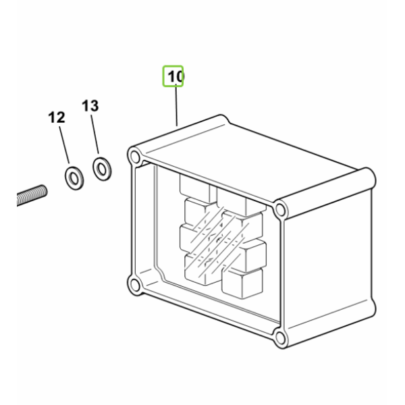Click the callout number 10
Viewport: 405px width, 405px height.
(x=175, y=77)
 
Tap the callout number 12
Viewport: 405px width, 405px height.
(x=57, y=117)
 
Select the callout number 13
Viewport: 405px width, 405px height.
(x=90, y=106)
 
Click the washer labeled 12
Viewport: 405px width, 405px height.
(x=74, y=178)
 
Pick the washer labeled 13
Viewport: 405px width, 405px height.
(x=102, y=169)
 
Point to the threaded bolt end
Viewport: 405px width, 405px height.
(x=32, y=195)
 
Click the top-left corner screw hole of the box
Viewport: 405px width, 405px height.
(x=134, y=157)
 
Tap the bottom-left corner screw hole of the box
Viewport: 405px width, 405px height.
(x=134, y=284)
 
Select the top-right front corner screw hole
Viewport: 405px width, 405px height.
(x=280, y=209)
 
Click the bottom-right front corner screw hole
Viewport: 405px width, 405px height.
(x=280, y=337)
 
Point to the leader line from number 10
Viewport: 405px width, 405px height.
(x=176, y=105)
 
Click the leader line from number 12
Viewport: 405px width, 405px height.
(x=64, y=145)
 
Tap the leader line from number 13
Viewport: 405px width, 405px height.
(x=94, y=134)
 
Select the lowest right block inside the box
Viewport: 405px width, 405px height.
(x=242, y=283)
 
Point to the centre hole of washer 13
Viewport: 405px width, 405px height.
(x=102, y=169)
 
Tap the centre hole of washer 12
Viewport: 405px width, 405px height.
(x=74, y=178)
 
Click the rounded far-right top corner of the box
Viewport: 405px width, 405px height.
(x=367, y=179)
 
